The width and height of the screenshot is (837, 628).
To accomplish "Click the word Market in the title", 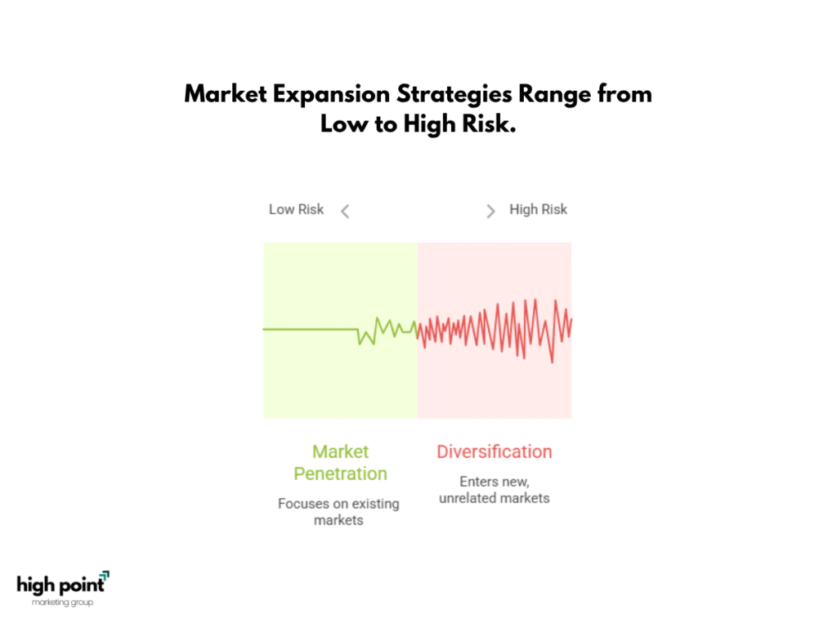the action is (226, 94).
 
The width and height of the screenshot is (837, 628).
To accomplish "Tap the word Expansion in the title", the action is (332, 95).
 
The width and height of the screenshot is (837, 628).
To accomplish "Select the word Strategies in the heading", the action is (454, 95).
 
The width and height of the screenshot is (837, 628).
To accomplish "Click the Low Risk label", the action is (296, 209).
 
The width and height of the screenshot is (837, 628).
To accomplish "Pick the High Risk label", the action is (538, 209).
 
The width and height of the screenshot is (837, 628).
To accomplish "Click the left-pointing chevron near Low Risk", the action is (346, 212).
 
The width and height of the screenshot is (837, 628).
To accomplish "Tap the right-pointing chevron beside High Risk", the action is (490, 212).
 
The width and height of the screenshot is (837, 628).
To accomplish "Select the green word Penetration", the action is (341, 473).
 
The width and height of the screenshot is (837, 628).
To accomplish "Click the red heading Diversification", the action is (495, 451).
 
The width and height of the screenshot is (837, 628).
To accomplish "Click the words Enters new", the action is (495, 482).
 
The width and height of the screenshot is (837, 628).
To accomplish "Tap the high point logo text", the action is (60, 585).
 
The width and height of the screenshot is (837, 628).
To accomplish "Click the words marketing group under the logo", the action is (62, 603).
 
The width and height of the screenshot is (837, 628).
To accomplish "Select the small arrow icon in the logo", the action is (105, 575).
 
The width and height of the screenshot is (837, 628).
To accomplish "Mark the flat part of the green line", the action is (310, 330).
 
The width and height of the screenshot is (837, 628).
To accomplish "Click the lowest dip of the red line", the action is (552, 362).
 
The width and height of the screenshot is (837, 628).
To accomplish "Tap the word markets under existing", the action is (338, 520).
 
